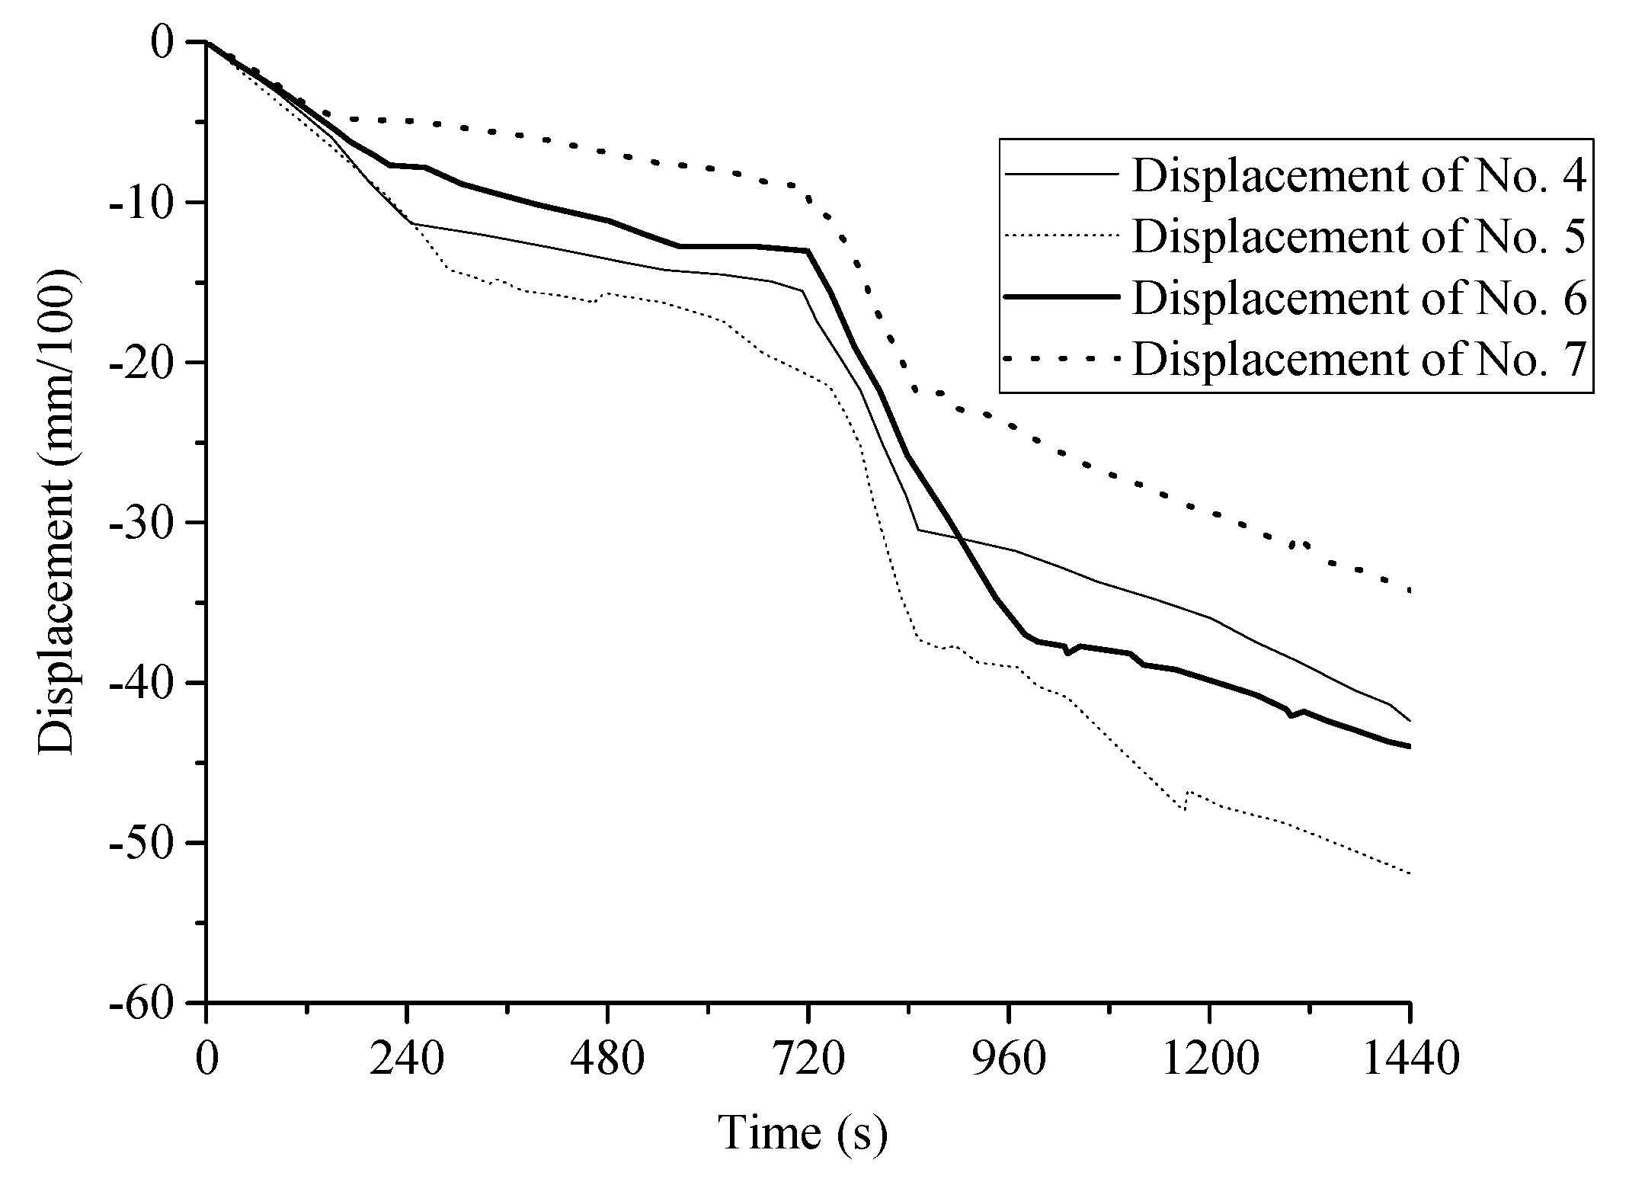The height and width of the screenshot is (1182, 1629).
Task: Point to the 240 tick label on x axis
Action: [407, 1059]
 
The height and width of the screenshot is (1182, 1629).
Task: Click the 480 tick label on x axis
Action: [607, 1059]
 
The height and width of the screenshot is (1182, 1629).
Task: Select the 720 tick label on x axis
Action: [808, 1059]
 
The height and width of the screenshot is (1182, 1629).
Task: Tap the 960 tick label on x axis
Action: [1009, 1059]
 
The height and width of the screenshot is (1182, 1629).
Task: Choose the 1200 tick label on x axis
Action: [1209, 1059]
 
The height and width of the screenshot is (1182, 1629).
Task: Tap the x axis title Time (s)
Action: [802, 1132]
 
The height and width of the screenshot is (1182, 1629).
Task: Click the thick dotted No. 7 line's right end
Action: [1410, 591]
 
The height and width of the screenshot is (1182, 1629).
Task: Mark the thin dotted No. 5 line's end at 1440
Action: [1410, 873]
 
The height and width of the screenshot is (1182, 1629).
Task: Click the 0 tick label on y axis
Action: [163, 42]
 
